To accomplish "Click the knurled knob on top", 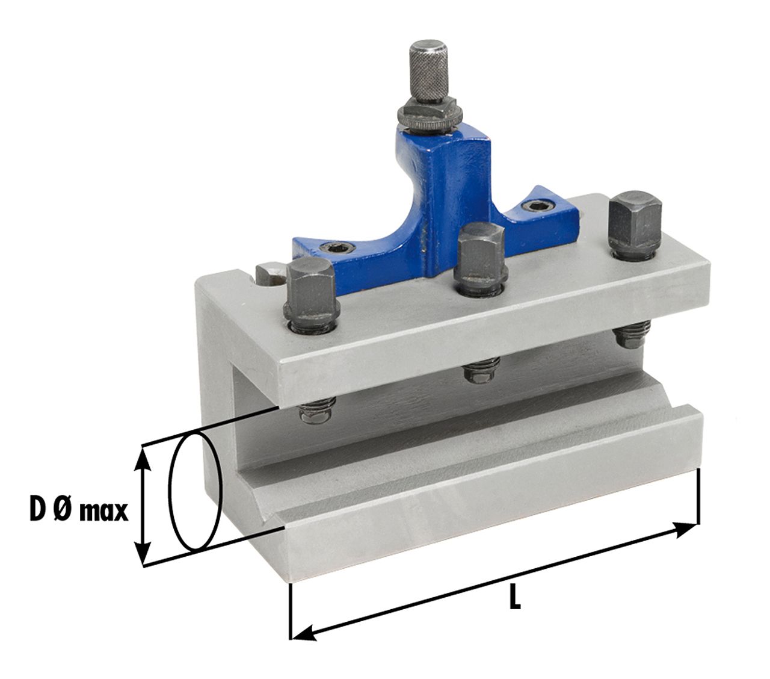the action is (x=428, y=71).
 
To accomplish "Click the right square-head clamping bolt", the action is (x=635, y=226).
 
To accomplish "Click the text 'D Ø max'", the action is (x=79, y=511).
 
